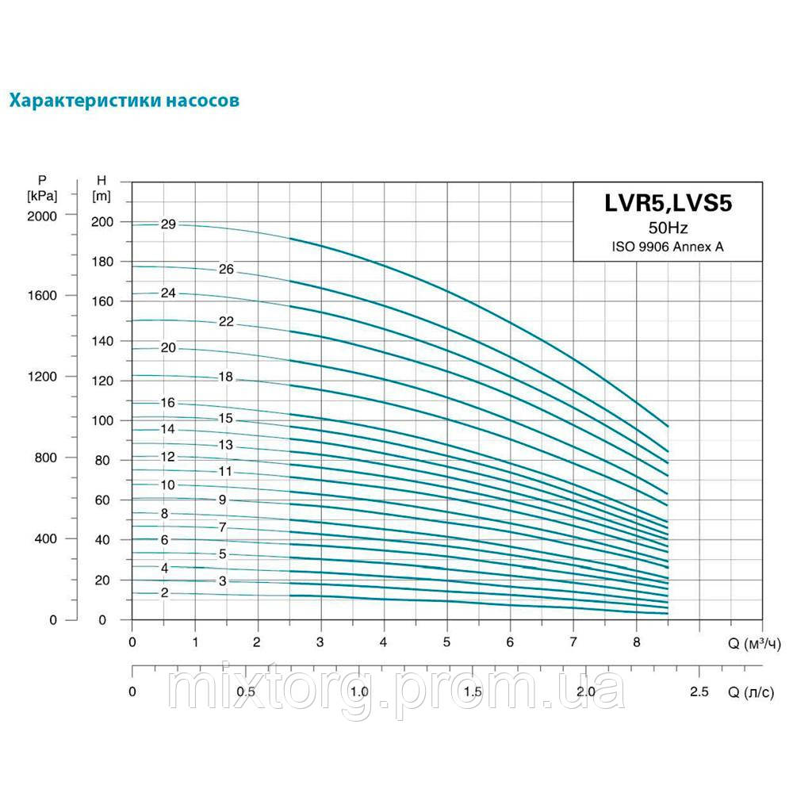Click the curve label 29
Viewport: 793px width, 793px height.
pyautogui.click(x=167, y=224)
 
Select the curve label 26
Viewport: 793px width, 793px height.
pyautogui.click(x=226, y=270)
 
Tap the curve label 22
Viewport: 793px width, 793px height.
pyautogui.click(x=226, y=321)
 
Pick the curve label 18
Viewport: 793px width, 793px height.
pyautogui.click(x=226, y=377)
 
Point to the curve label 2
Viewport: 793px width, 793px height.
pyautogui.click(x=165, y=593)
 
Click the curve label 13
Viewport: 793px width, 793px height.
pyautogui.click(x=226, y=445)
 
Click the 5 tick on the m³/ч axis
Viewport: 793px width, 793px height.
pyautogui.click(x=446, y=642)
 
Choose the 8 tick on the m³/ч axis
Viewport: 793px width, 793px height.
pyautogui.click(x=636, y=642)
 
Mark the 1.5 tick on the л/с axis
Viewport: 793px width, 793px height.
pyautogui.click(x=473, y=691)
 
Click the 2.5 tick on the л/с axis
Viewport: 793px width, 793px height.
pyautogui.click(x=699, y=691)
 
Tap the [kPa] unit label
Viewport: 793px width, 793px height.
pyautogui.click(x=41, y=194)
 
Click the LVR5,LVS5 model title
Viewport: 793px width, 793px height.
pyautogui.click(x=668, y=203)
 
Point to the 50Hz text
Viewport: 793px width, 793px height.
pyautogui.click(x=668, y=228)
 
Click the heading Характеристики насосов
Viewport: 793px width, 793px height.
pyautogui.click(x=124, y=101)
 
